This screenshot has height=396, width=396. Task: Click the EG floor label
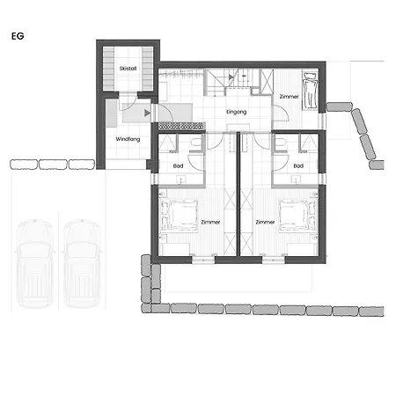point(18,36)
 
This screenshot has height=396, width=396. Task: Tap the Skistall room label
point(128,69)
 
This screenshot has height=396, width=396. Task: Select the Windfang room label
point(128,139)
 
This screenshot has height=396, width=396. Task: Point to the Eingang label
point(237,112)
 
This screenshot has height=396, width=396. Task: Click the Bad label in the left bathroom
point(178,165)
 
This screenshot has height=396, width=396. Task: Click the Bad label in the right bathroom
point(298,165)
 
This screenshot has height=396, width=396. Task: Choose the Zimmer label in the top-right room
point(290,96)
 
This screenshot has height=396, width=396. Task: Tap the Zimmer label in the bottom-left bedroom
point(210,222)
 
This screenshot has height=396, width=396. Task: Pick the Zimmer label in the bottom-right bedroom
point(265,222)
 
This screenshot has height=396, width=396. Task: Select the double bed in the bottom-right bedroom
point(298,216)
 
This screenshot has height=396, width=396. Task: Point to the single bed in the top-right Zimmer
point(310,91)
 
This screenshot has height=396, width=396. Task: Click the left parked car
point(35,263)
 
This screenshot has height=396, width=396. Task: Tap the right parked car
point(82,263)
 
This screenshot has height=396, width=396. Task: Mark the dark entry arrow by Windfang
point(148,113)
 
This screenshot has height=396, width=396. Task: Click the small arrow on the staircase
point(231,77)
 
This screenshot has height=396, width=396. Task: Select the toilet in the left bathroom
point(195,143)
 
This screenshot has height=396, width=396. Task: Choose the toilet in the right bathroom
point(281,143)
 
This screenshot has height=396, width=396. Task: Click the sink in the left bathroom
point(180,179)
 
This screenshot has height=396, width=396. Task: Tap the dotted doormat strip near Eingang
point(181,126)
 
